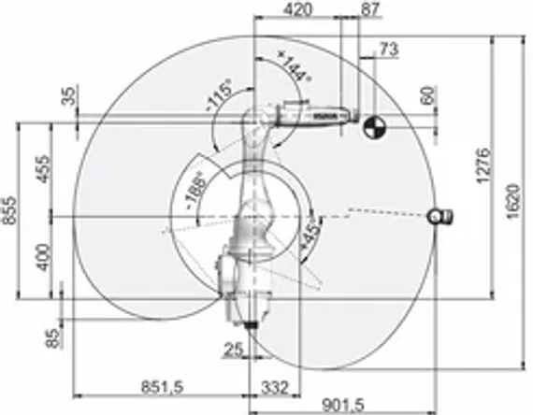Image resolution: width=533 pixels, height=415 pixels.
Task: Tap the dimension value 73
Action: point(389,49)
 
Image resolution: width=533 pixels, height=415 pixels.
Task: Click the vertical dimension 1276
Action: point(483,168)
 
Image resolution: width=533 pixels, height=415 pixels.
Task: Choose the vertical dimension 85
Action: point(52,335)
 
